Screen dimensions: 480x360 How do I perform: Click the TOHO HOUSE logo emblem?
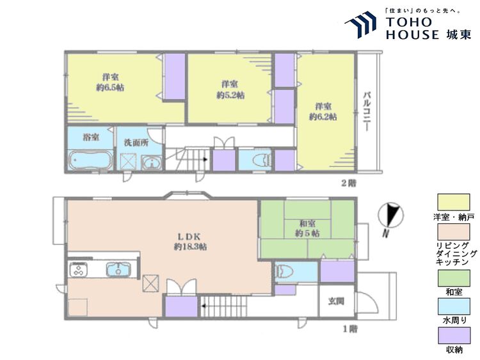coord(360,24)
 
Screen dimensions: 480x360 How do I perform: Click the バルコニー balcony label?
coord(367,112)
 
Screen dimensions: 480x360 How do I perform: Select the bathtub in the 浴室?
coord(91,160)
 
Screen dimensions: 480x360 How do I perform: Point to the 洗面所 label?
coord(136,143)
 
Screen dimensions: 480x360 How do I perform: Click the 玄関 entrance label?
coord(336,301)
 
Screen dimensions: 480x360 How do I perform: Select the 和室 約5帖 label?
coord(307,229)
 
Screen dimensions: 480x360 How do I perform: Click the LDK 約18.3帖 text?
coord(190,242)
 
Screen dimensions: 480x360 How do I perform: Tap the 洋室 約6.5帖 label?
coord(110,82)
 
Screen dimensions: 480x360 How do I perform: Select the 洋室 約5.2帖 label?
coord(230,90)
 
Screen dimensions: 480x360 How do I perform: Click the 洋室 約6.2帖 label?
coord(323,112)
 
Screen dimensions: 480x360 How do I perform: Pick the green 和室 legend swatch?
coord(454,278)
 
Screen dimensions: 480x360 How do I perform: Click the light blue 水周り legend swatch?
coord(454,306)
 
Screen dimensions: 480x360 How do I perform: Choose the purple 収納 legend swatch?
coord(454,336)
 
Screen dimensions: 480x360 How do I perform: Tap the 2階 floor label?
coord(349,184)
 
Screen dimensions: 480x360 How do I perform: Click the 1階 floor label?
coord(350,329)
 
